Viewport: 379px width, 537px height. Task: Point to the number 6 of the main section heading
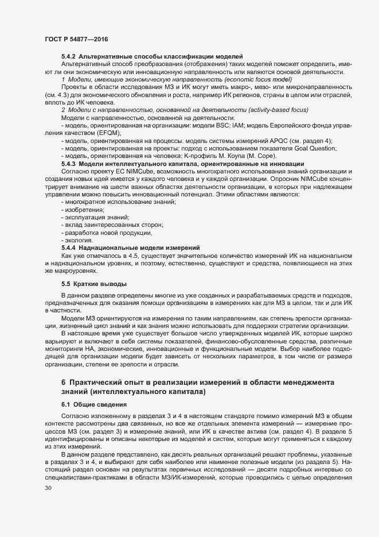click(x=63, y=383)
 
